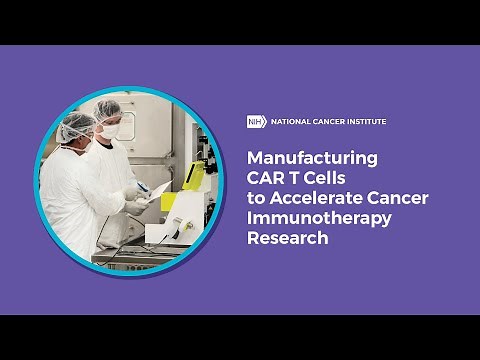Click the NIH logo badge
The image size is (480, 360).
tap(257, 122)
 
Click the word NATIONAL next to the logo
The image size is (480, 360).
tap(289, 122)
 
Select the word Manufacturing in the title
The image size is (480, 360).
tap(312, 158)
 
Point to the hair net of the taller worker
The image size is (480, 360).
tap(107, 108)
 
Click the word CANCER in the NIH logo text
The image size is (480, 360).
tap(327, 122)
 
